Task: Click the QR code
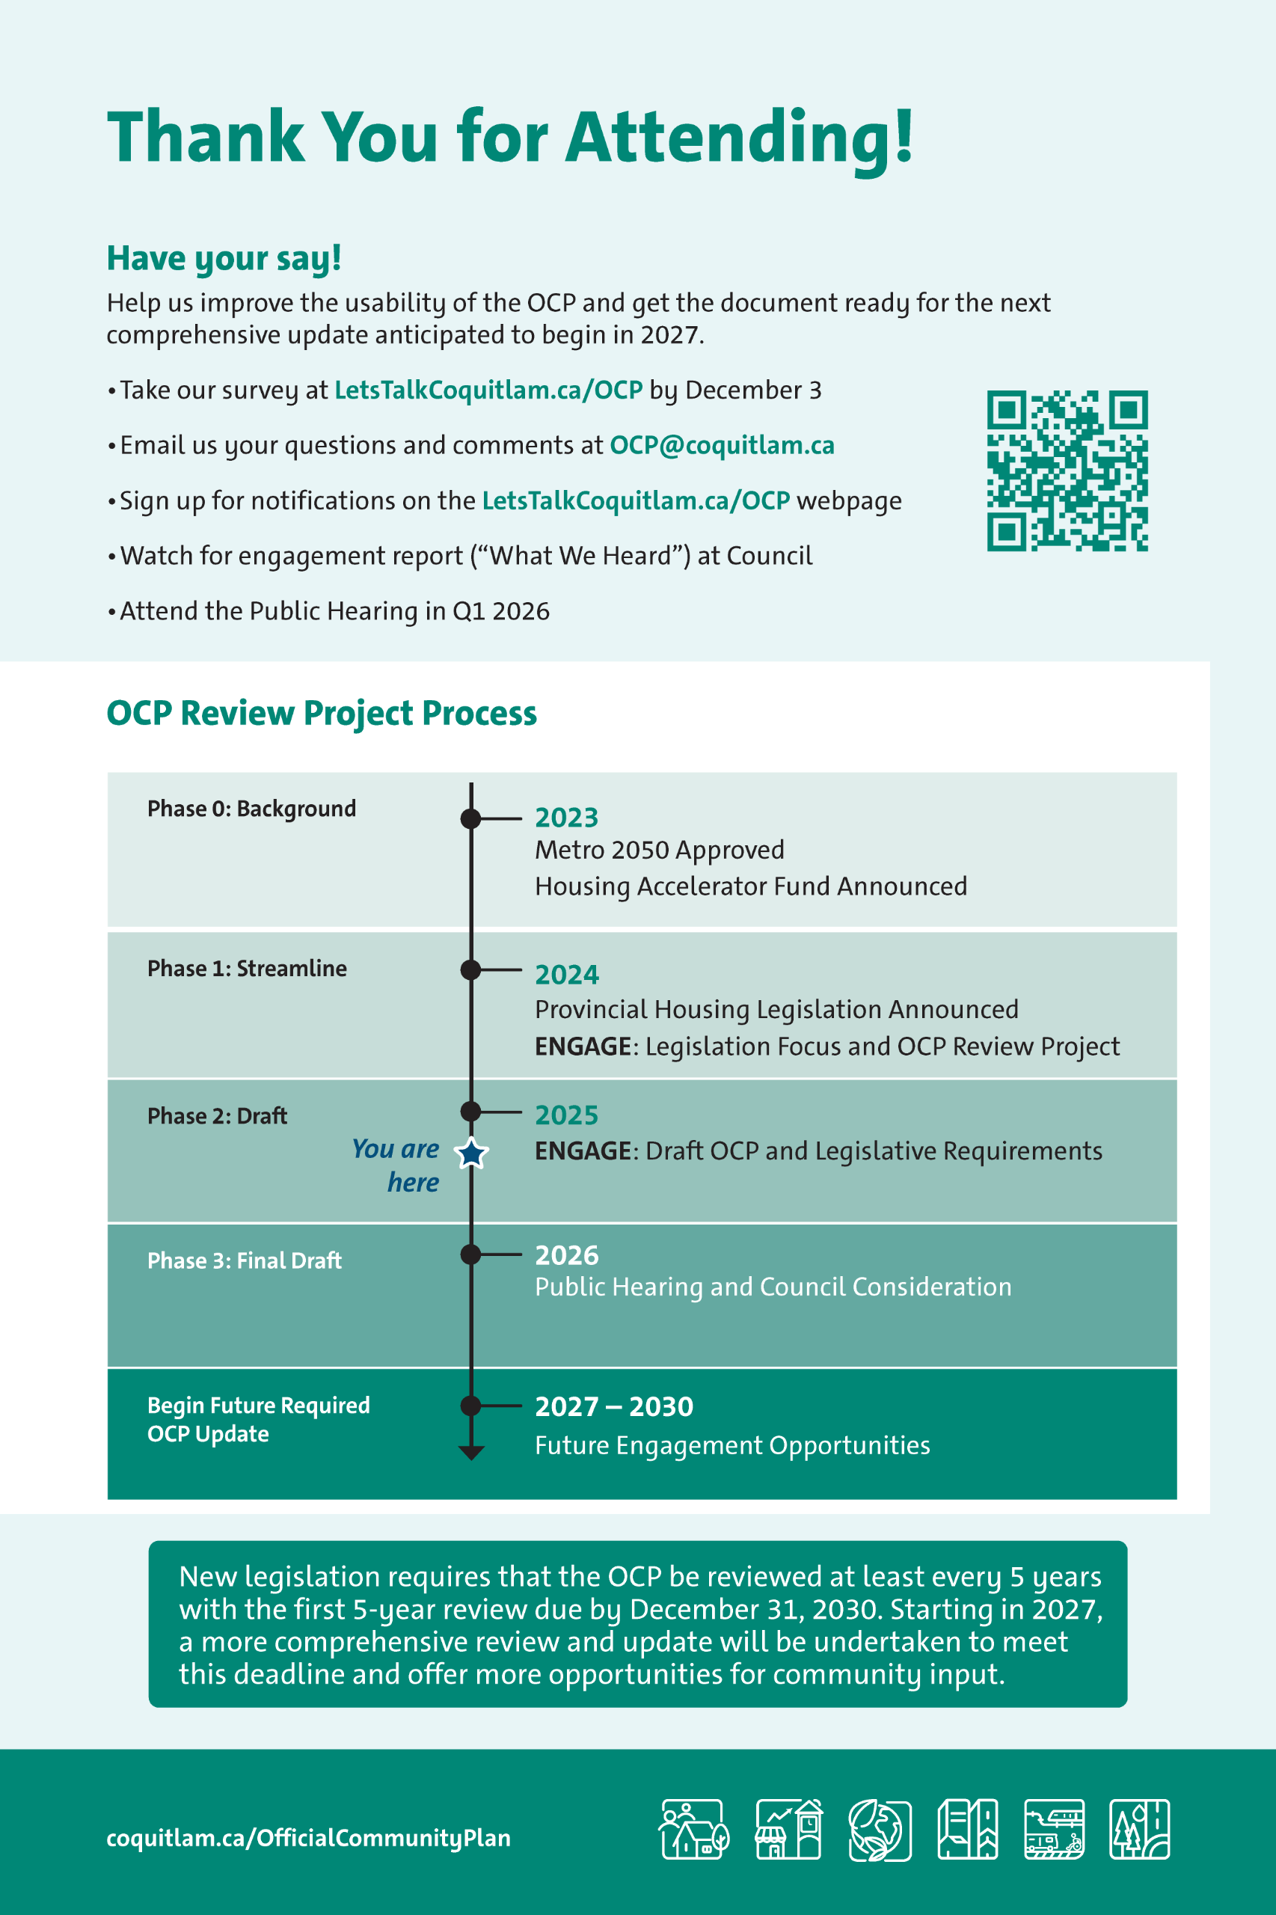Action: coord(1067,471)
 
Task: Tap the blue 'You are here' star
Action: coord(471,1153)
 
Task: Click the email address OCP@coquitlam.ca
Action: coord(722,445)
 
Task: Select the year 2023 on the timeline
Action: coord(566,817)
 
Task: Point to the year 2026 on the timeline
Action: coord(566,1255)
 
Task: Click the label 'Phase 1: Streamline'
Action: coord(247,969)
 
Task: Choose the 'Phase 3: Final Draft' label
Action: coord(244,1260)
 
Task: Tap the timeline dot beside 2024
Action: coord(470,969)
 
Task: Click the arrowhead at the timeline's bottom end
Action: coord(471,1453)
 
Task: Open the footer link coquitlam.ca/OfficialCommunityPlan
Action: coord(308,1838)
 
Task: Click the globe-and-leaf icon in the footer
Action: coord(879,1830)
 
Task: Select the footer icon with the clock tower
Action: coord(788,1830)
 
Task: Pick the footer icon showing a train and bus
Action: coord(1054,1830)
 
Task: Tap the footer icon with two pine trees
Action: coord(1139,1830)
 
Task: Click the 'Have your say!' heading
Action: coord(224,258)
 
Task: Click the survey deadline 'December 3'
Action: coord(752,390)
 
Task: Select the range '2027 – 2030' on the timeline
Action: coord(613,1406)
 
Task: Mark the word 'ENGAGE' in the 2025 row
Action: coord(583,1150)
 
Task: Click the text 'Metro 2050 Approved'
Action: coord(659,850)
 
